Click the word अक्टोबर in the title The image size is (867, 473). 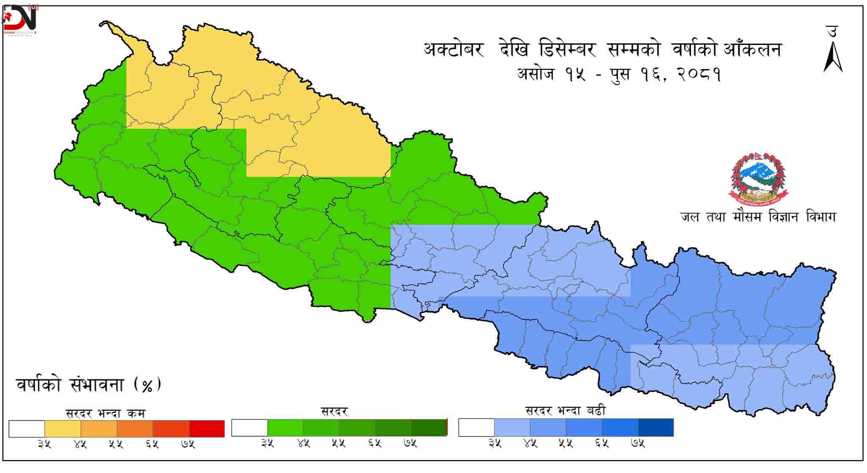tap(453, 50)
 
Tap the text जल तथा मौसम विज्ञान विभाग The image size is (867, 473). tap(758, 217)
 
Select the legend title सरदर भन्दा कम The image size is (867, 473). tap(105, 413)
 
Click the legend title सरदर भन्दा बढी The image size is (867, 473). tap(565, 410)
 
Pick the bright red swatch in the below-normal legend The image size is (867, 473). tap(207, 429)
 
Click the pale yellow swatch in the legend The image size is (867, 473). tap(63, 429)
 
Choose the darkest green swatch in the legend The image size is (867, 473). tap(429, 428)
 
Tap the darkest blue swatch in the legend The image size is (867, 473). tap(655, 428)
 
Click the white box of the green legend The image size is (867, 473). tap(249, 428)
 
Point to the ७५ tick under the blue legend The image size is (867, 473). tap(638, 444)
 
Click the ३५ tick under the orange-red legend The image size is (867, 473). tap(44, 444)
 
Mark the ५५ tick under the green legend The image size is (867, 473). tap(338, 444)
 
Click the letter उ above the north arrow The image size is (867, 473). tap(832, 32)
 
